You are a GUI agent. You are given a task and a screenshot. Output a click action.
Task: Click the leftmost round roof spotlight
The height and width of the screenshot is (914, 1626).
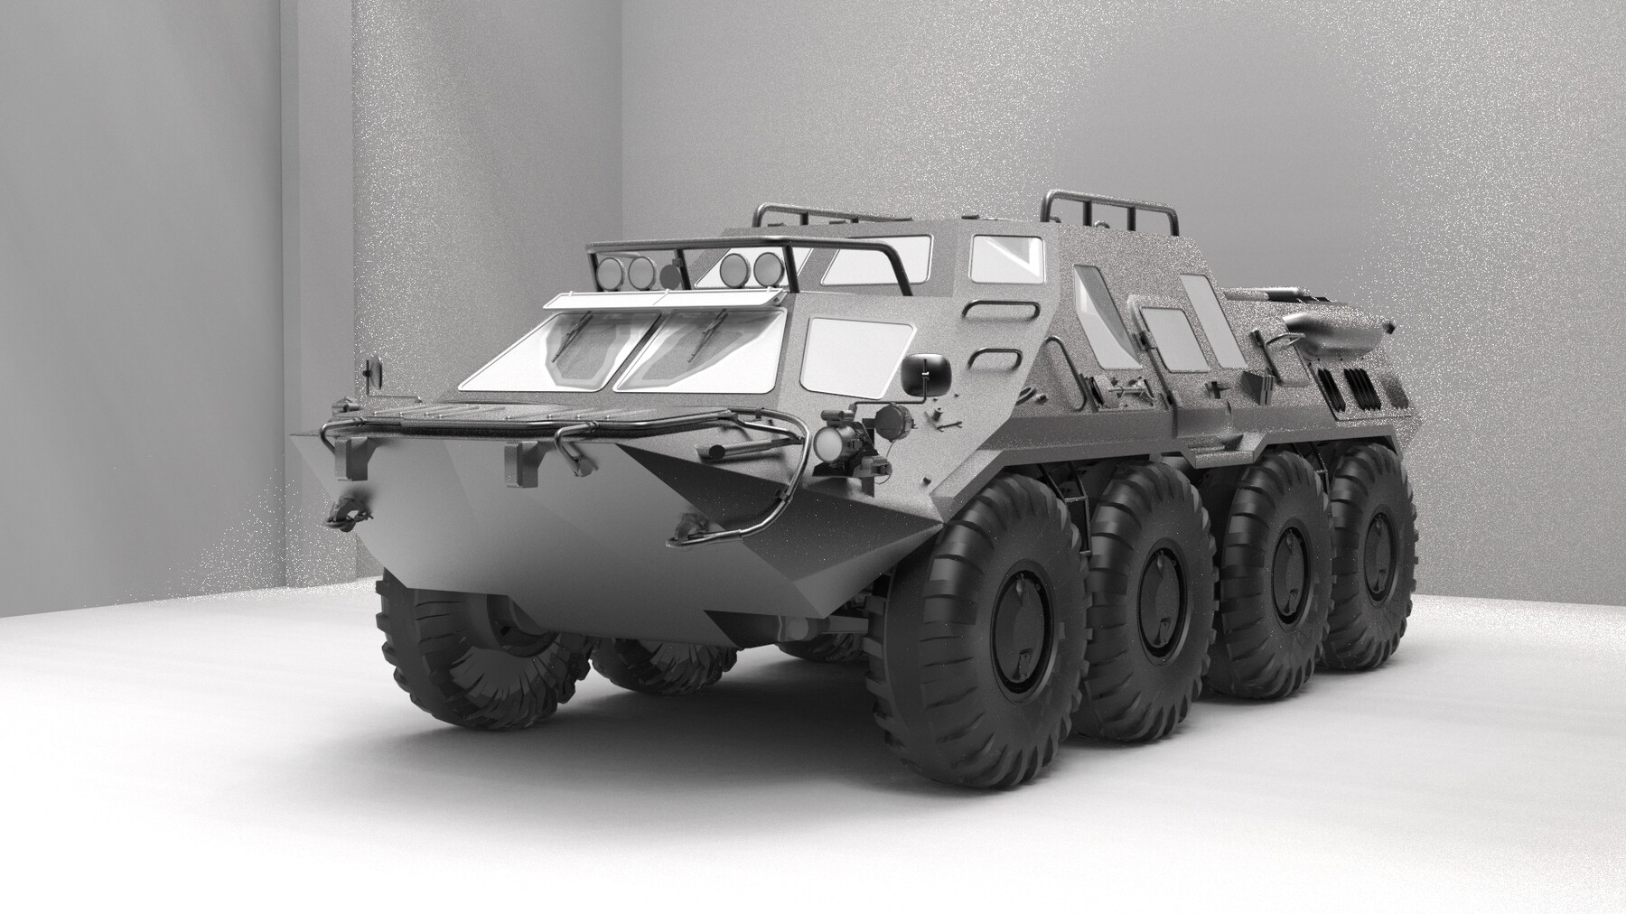tap(608, 270)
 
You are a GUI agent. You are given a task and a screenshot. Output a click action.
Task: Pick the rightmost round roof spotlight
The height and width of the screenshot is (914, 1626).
tap(768, 265)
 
